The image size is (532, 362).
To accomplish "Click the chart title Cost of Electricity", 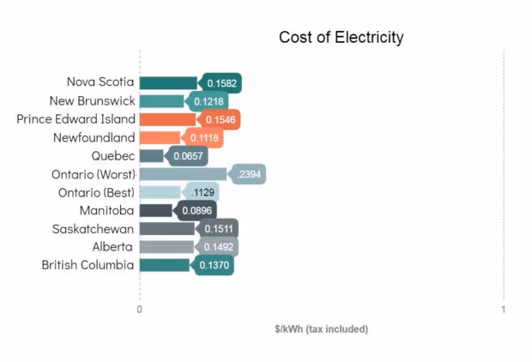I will [x=341, y=38].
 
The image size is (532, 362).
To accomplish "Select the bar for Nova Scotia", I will [x=168, y=83].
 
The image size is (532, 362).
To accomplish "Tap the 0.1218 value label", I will [x=209, y=101].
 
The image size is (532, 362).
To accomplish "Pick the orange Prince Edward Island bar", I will [x=167, y=119].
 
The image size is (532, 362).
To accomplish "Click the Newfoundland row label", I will [x=94, y=137].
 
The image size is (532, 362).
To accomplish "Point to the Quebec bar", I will [x=151, y=156].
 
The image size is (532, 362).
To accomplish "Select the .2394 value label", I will [x=250, y=174].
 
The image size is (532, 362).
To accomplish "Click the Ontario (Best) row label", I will [x=96, y=192].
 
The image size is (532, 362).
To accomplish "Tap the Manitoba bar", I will [x=155, y=210].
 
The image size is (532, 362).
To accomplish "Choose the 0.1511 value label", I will [x=219, y=228].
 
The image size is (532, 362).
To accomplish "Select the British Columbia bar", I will [x=164, y=265].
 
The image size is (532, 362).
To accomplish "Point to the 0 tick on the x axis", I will [x=140, y=310].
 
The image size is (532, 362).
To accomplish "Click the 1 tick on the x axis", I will [x=504, y=310].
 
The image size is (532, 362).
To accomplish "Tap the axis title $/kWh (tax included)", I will [x=321, y=329].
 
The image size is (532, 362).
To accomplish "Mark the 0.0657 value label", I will [x=188, y=156].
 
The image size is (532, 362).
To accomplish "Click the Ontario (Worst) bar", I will [x=183, y=174].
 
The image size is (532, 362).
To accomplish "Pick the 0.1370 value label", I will [x=214, y=266].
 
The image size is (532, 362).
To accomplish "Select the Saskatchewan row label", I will [x=93, y=229].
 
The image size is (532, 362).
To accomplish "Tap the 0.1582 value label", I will [x=222, y=83].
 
